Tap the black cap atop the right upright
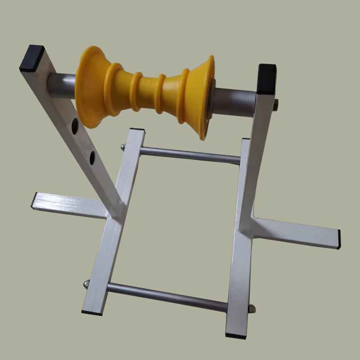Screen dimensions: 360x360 pyautogui.click(x=267, y=77)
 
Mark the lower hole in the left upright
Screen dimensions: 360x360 pyautogui.click(x=92, y=157)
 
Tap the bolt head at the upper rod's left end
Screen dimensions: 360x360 pyautogui.click(x=122, y=147)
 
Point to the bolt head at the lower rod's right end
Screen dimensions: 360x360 pyautogui.click(x=252, y=309)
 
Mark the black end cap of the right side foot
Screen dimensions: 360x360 pyautogui.click(x=338, y=239)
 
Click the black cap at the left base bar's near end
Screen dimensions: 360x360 pyautogui.click(x=92, y=311)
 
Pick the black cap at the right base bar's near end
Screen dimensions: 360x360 pyautogui.click(x=236, y=335)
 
